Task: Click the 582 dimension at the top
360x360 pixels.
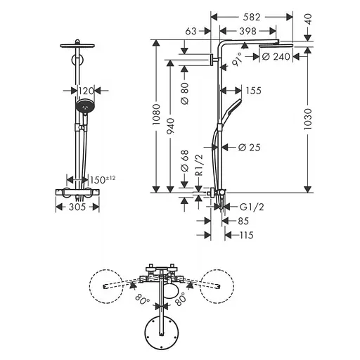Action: [252, 17]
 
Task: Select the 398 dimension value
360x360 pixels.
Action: [247, 31]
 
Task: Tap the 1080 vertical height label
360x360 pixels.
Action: [156, 115]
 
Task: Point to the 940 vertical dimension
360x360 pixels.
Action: [170, 127]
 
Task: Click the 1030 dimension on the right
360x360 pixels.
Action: [307, 119]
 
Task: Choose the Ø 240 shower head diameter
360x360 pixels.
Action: [276, 56]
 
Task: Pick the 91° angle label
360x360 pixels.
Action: [236, 60]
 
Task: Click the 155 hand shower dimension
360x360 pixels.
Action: [254, 91]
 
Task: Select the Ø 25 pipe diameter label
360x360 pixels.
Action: [250, 148]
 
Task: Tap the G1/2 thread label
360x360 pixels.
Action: [252, 207]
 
